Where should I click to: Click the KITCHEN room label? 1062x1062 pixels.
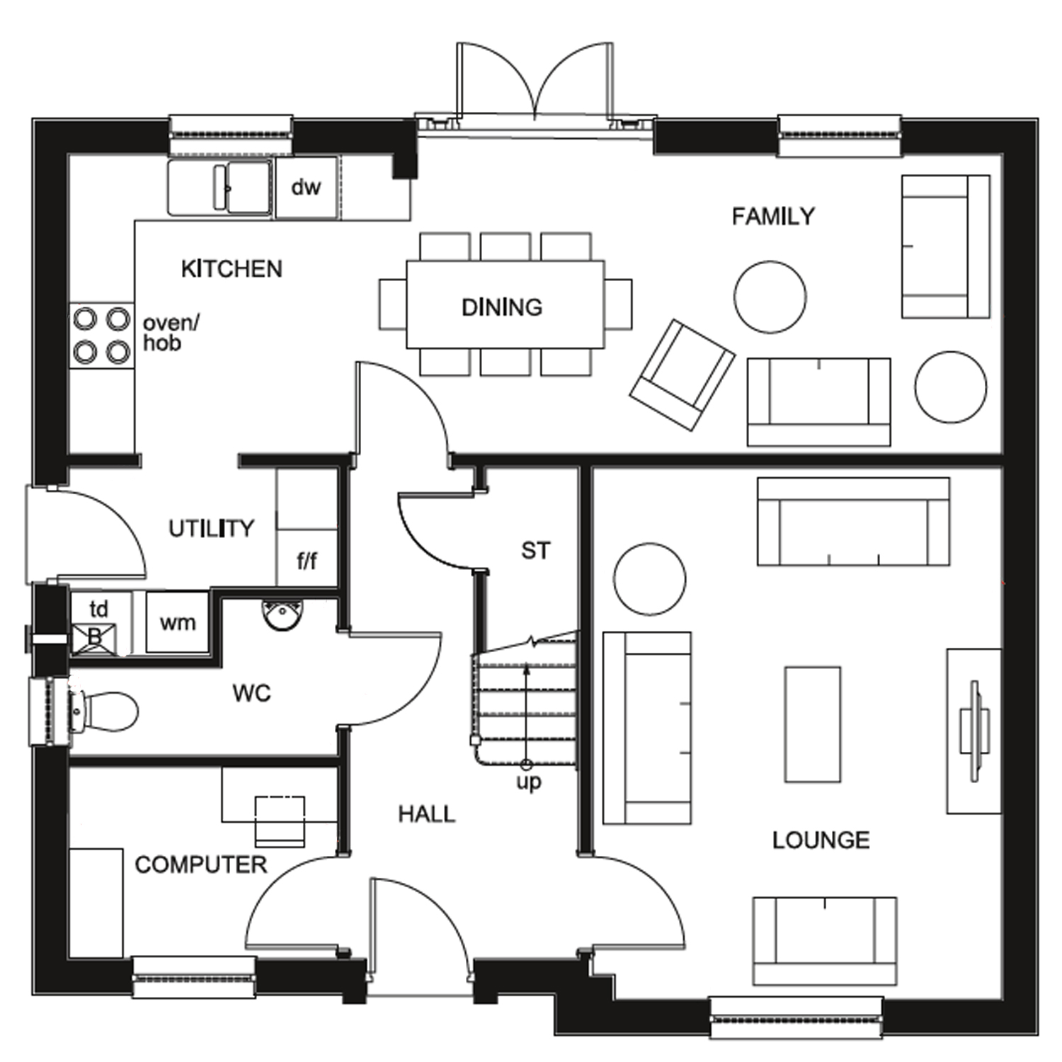tap(232, 269)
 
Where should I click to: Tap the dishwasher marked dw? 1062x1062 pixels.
tap(306, 188)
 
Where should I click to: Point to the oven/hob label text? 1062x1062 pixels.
tap(171, 333)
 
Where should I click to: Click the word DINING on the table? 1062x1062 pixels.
tap(502, 307)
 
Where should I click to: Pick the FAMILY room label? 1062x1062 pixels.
tap(773, 216)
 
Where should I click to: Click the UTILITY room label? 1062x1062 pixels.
tap(211, 528)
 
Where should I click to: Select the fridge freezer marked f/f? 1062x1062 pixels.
tap(307, 561)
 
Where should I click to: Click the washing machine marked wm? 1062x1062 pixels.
tap(177, 622)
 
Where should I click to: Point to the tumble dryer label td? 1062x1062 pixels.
tap(99, 609)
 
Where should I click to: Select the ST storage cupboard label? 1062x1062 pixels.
tap(535, 551)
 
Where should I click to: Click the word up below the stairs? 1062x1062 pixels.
tap(528, 782)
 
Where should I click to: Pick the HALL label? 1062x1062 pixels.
tap(426, 814)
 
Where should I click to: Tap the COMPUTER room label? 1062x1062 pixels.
tap(200, 864)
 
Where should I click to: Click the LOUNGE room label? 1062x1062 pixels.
tap(821, 840)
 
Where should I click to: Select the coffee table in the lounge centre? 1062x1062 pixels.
tap(813, 724)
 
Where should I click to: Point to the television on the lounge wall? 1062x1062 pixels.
tap(976, 731)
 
